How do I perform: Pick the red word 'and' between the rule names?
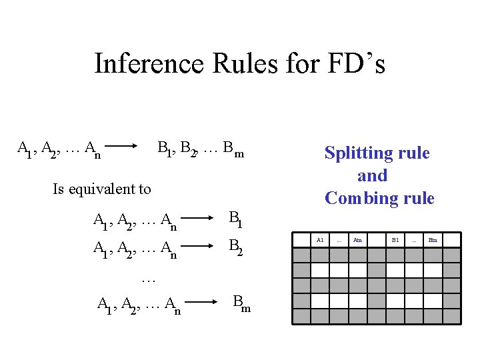[x=372, y=175]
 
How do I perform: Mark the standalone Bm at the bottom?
[x=239, y=304]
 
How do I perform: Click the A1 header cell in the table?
[x=320, y=239]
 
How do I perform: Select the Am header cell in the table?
[x=357, y=239]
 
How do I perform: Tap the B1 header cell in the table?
[x=395, y=239]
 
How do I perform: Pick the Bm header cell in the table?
[x=433, y=239]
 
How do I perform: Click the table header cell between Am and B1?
[x=376, y=239]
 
